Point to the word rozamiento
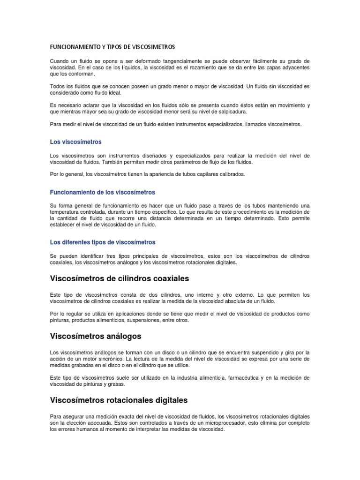206,68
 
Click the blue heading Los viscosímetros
75,142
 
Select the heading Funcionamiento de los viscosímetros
102,192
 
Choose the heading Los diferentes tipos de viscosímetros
102,242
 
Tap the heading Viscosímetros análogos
95,337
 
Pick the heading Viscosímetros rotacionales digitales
119,400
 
